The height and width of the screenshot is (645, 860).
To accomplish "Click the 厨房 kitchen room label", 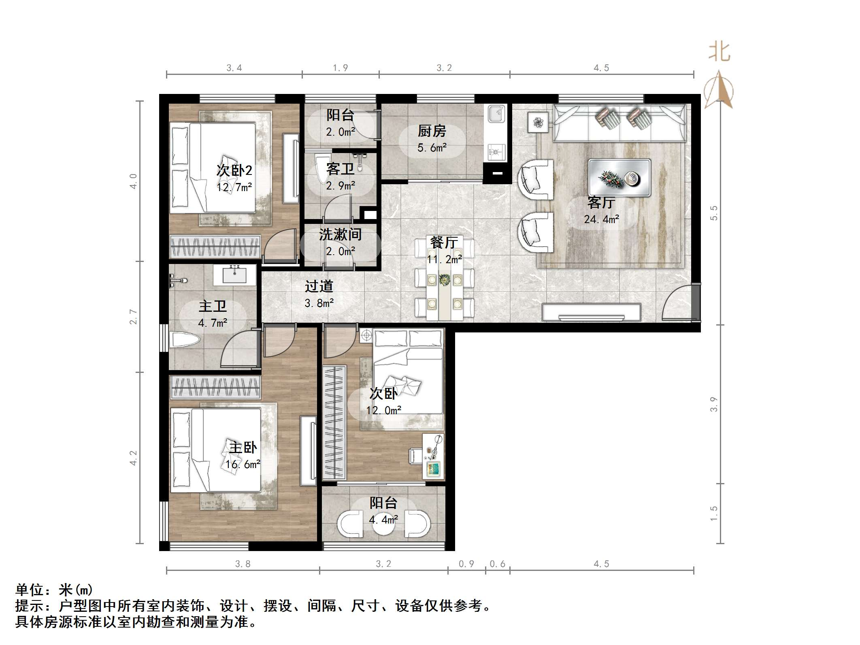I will click(432, 131).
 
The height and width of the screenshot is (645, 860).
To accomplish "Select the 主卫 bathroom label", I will click(213, 307).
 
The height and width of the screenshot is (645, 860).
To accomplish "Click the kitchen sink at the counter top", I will click(496, 113).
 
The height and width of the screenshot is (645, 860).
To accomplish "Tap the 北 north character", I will click(720, 52).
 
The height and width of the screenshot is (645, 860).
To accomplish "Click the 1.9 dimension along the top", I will click(340, 68).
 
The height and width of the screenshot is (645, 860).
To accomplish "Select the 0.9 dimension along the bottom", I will click(466, 564).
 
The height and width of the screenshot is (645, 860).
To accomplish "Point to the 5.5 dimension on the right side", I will click(714, 213).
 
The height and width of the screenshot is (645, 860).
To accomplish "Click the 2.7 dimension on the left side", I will click(133, 317).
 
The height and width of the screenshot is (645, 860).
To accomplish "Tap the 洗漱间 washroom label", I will click(340, 235).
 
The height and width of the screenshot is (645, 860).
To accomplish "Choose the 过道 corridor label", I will click(319, 287).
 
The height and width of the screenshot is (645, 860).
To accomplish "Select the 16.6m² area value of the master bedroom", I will click(243, 464).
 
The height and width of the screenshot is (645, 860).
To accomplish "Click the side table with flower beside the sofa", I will click(538, 122).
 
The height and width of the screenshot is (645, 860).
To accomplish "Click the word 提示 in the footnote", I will click(30, 606).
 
